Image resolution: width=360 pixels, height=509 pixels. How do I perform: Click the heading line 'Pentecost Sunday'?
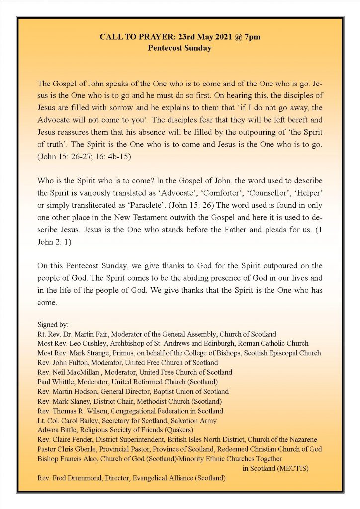[x=180, y=48]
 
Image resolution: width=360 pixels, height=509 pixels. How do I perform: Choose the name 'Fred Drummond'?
[x=76, y=478]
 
